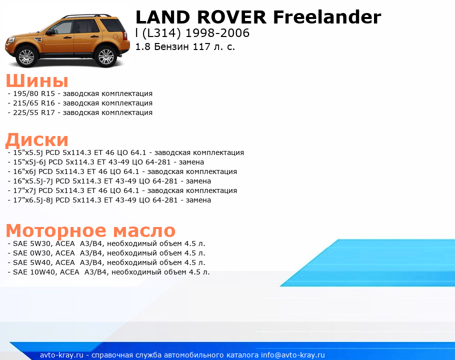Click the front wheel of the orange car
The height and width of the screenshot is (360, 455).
click(26, 56)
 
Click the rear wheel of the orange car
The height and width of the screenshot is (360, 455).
click(105, 56)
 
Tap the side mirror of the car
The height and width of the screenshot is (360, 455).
click(49, 32)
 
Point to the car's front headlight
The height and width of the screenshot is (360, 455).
click(10, 39)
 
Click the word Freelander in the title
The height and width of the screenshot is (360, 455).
click(327, 17)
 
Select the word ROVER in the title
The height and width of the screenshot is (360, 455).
click(231, 17)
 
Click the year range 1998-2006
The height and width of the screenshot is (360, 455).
click(217, 33)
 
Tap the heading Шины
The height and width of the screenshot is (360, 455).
click(37, 80)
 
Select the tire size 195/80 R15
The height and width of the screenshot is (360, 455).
click(34, 93)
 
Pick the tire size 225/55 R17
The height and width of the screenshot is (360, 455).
click(34, 112)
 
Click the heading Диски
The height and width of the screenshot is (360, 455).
click(37, 140)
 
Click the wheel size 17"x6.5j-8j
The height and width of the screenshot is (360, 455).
click(33, 200)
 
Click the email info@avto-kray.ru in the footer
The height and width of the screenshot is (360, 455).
click(293, 355)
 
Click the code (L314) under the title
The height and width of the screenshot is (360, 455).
click(161, 33)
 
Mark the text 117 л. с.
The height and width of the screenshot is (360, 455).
click(214, 46)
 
